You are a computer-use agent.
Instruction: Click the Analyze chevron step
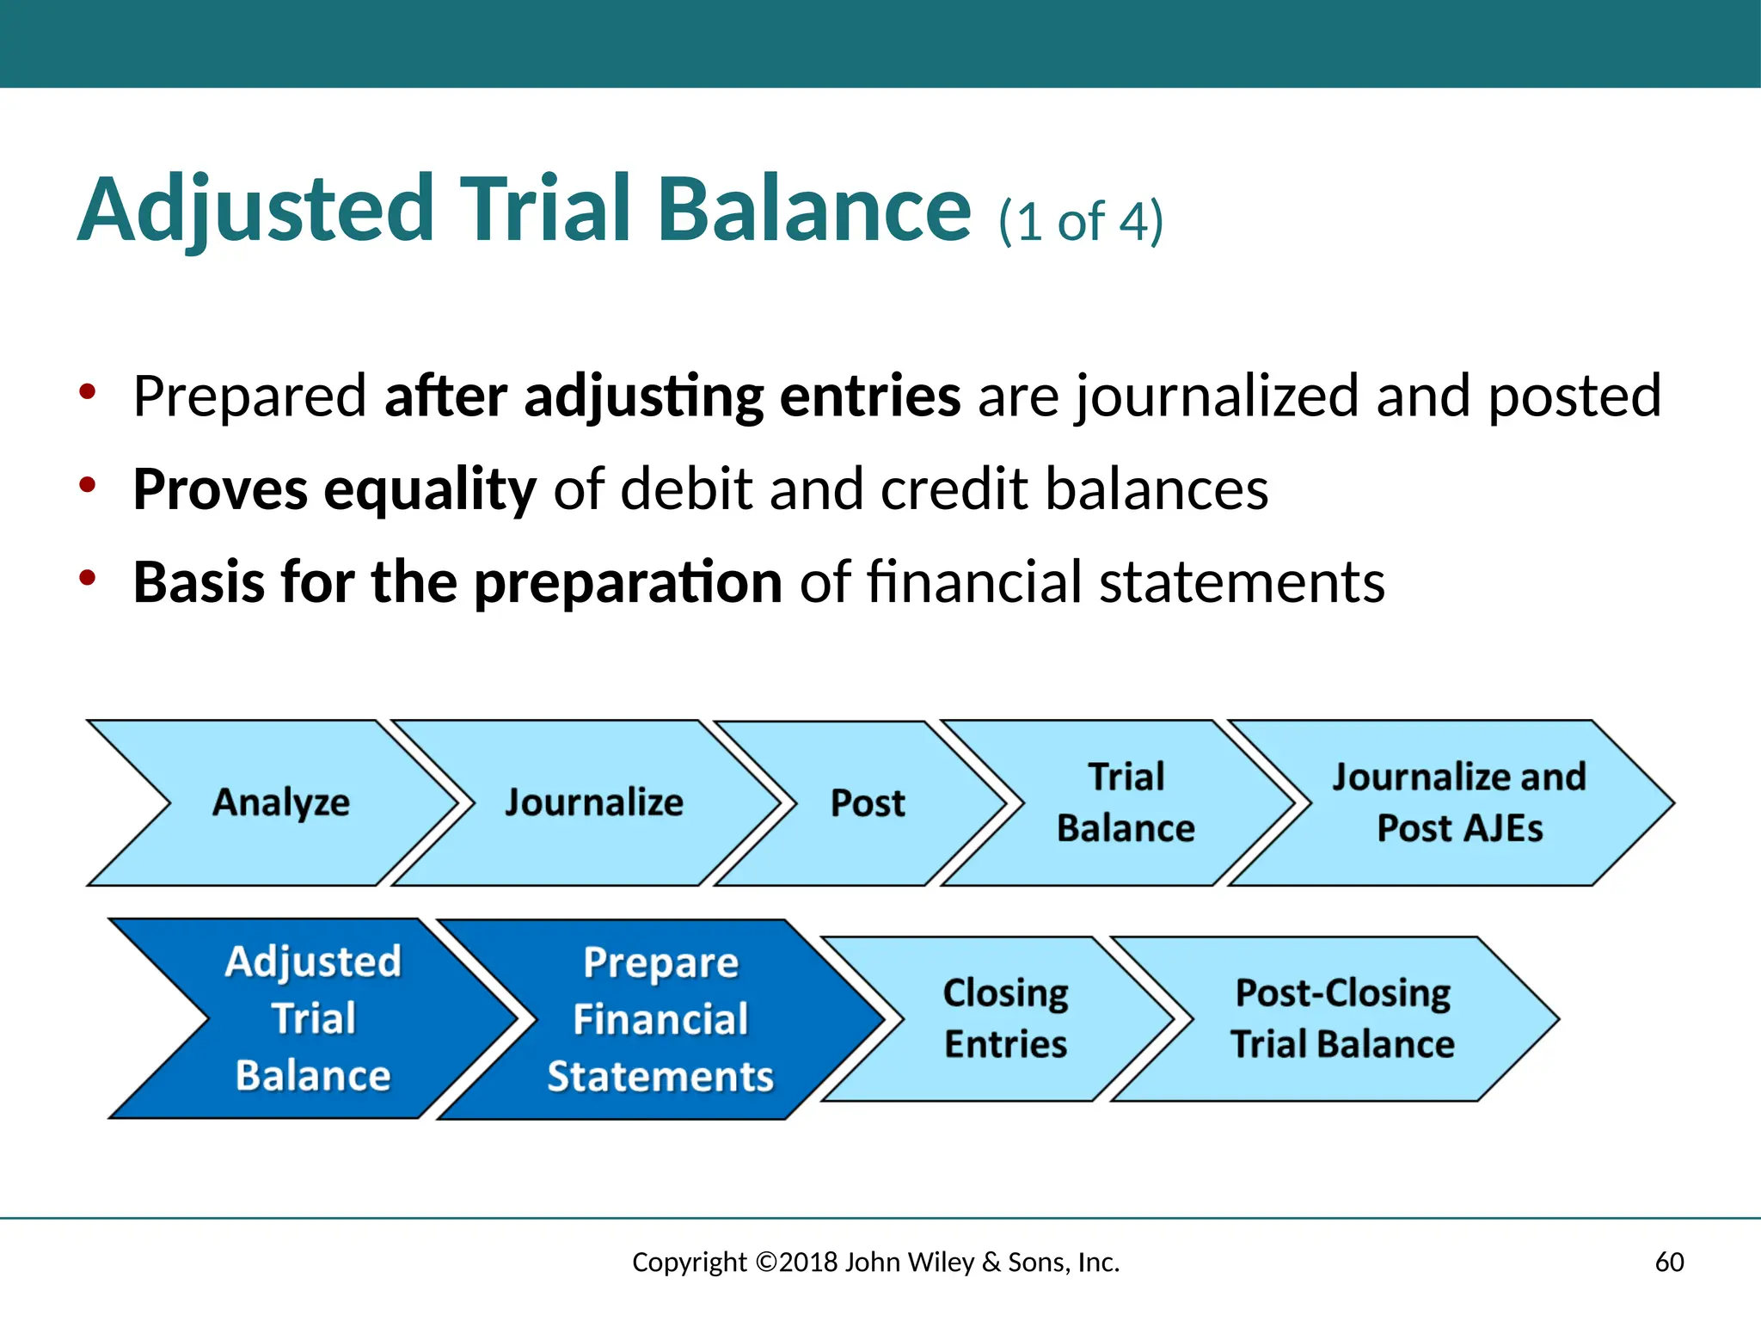click(x=280, y=802)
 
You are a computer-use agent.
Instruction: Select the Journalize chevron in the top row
click(x=593, y=802)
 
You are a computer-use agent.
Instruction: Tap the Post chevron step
click(x=867, y=802)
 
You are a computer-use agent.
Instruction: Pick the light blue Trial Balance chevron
click(x=1125, y=802)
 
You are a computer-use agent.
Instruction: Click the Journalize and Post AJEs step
click(x=1458, y=802)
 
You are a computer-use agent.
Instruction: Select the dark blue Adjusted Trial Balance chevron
click(x=313, y=1018)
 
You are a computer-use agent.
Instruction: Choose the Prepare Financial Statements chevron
click(x=660, y=1019)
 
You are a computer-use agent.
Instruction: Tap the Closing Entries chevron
click(x=1004, y=1019)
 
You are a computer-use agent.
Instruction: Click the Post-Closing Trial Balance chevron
click(x=1341, y=1019)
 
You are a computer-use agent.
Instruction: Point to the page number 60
click(x=1669, y=1262)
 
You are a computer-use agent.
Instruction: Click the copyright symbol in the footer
click(x=766, y=1262)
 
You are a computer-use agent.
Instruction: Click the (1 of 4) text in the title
click(x=1080, y=221)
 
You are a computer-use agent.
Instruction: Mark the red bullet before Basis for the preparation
click(x=87, y=578)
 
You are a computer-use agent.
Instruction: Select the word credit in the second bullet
click(x=954, y=489)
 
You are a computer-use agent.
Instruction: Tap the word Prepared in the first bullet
click(x=249, y=396)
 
